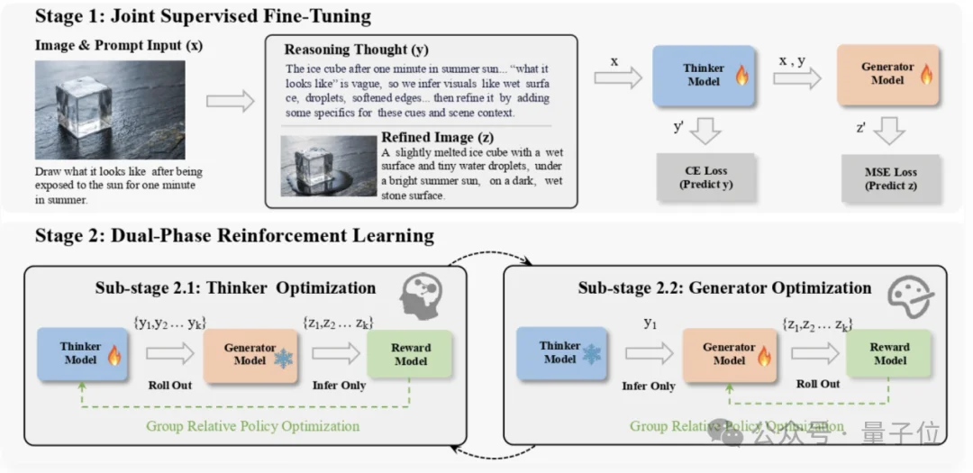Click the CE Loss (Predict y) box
(x=705, y=177)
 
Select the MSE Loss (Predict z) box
(x=891, y=178)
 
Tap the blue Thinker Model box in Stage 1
(x=704, y=76)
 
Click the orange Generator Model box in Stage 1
(x=888, y=75)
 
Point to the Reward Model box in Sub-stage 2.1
(x=410, y=354)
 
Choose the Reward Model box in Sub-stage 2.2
(x=888, y=353)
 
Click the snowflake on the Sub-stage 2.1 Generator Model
(x=284, y=359)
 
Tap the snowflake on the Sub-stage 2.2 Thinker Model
(x=591, y=354)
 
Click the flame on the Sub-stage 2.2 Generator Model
(x=763, y=356)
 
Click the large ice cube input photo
(x=110, y=110)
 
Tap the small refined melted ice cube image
(x=329, y=166)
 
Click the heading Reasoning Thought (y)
(x=356, y=50)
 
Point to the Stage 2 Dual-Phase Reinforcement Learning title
(x=234, y=236)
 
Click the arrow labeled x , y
(x=796, y=78)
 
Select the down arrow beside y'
(x=705, y=131)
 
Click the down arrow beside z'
(x=889, y=131)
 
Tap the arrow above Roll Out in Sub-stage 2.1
(x=170, y=353)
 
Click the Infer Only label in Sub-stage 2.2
(x=649, y=387)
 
